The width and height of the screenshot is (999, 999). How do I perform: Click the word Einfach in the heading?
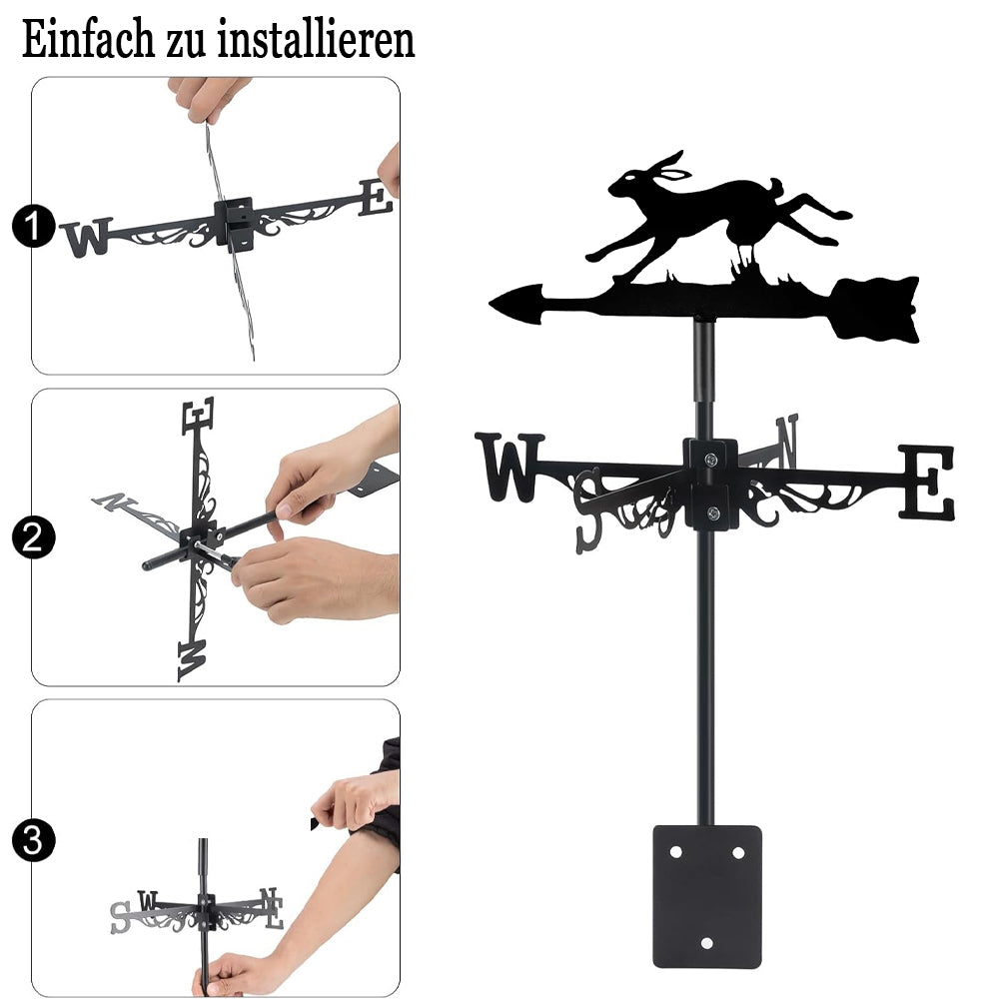[88, 39]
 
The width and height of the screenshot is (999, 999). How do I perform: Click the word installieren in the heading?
[316, 39]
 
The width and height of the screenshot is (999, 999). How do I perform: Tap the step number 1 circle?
[33, 226]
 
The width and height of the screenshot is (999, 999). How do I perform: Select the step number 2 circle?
[33, 537]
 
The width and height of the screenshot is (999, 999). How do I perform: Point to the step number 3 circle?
[33, 840]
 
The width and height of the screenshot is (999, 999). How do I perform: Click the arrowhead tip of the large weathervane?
[491, 304]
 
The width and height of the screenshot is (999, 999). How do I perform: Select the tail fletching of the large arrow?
[876, 309]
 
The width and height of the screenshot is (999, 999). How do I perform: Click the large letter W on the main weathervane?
[509, 467]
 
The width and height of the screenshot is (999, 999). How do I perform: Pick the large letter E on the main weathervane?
[926, 482]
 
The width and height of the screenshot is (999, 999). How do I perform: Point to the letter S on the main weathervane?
[588, 510]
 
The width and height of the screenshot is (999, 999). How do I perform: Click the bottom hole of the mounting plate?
[706, 943]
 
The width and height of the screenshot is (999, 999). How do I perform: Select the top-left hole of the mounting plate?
[675, 852]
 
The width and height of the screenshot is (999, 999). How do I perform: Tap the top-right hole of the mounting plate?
[738, 852]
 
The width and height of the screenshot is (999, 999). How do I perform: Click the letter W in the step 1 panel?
[86, 238]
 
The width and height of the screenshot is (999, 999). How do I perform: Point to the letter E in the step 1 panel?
[376, 197]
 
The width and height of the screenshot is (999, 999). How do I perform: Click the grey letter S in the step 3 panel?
[120, 917]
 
